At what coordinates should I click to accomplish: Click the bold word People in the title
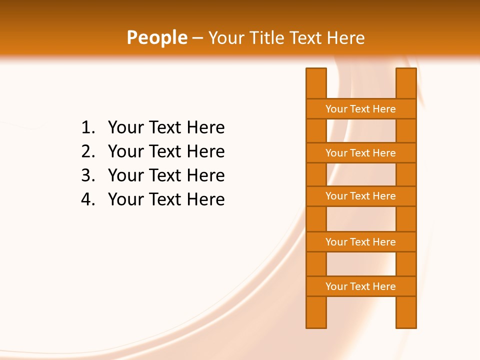(156, 38)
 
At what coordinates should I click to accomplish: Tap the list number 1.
(87, 128)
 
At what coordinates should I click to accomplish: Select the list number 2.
(87, 151)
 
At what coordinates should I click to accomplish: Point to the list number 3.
(87, 175)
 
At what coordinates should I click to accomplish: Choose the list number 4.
(87, 199)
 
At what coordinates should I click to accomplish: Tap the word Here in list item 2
(205, 151)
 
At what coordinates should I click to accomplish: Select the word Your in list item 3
(123, 175)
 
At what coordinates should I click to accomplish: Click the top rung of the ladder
(360, 109)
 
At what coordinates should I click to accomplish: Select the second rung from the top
(360, 153)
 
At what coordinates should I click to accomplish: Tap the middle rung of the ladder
(360, 196)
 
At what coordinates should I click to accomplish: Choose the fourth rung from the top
(360, 242)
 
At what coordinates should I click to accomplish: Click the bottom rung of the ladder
(360, 286)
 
